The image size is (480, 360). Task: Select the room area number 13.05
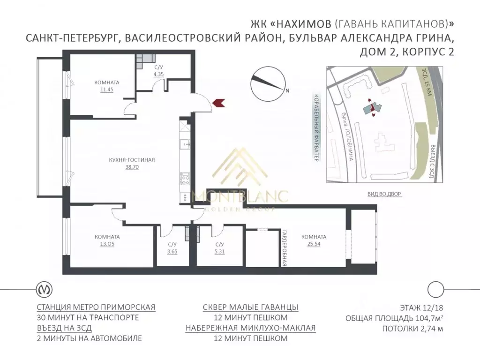pyautogui.click(x=107, y=244)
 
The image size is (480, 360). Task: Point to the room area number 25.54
pyautogui.click(x=314, y=244)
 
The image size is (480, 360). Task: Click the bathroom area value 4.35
pyautogui.click(x=158, y=74)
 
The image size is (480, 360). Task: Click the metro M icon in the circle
pyautogui.click(x=45, y=289)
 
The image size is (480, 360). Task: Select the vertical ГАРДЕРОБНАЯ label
pyautogui.click(x=284, y=248)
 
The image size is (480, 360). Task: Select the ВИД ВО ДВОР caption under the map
pyautogui.click(x=384, y=194)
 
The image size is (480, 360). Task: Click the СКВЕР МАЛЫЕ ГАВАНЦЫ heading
pyautogui.click(x=250, y=307)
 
